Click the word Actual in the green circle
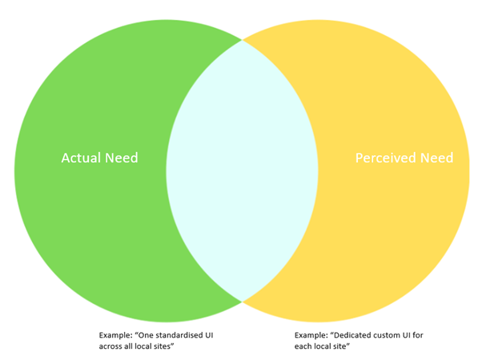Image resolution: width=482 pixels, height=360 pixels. coord(81,158)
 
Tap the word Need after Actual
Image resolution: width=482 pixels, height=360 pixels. coord(122,158)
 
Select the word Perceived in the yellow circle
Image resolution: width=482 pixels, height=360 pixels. coord(386,158)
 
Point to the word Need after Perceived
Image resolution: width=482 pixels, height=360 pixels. coord(437,158)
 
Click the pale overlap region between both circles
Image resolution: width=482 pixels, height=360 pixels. coord(243,170)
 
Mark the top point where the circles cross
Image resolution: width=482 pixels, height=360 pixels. coord(243,40)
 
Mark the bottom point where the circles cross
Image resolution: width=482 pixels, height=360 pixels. coord(243,302)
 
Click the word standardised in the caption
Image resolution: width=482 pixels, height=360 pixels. coord(179,335)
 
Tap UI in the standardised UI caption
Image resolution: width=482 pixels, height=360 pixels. coord(209,335)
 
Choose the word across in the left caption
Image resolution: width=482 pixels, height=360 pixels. coord(110,346)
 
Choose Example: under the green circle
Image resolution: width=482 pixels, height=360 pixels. coord(115,335)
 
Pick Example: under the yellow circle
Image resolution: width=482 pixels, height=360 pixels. coord(311,335)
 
